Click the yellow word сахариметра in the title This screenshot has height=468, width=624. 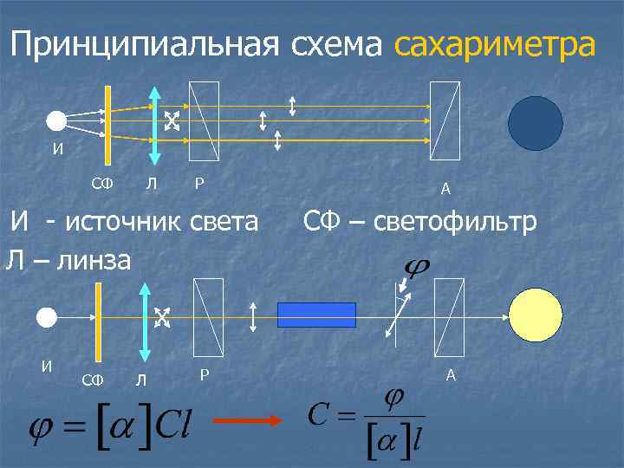(495, 45)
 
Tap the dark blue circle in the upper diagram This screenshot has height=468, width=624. (535, 123)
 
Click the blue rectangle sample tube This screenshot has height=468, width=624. (316, 314)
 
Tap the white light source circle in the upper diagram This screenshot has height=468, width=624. (57, 121)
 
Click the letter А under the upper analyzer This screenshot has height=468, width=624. (445, 189)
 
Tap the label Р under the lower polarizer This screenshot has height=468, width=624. (204, 374)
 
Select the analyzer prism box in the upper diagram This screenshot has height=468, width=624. (445, 120)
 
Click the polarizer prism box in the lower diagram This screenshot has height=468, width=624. (208, 315)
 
